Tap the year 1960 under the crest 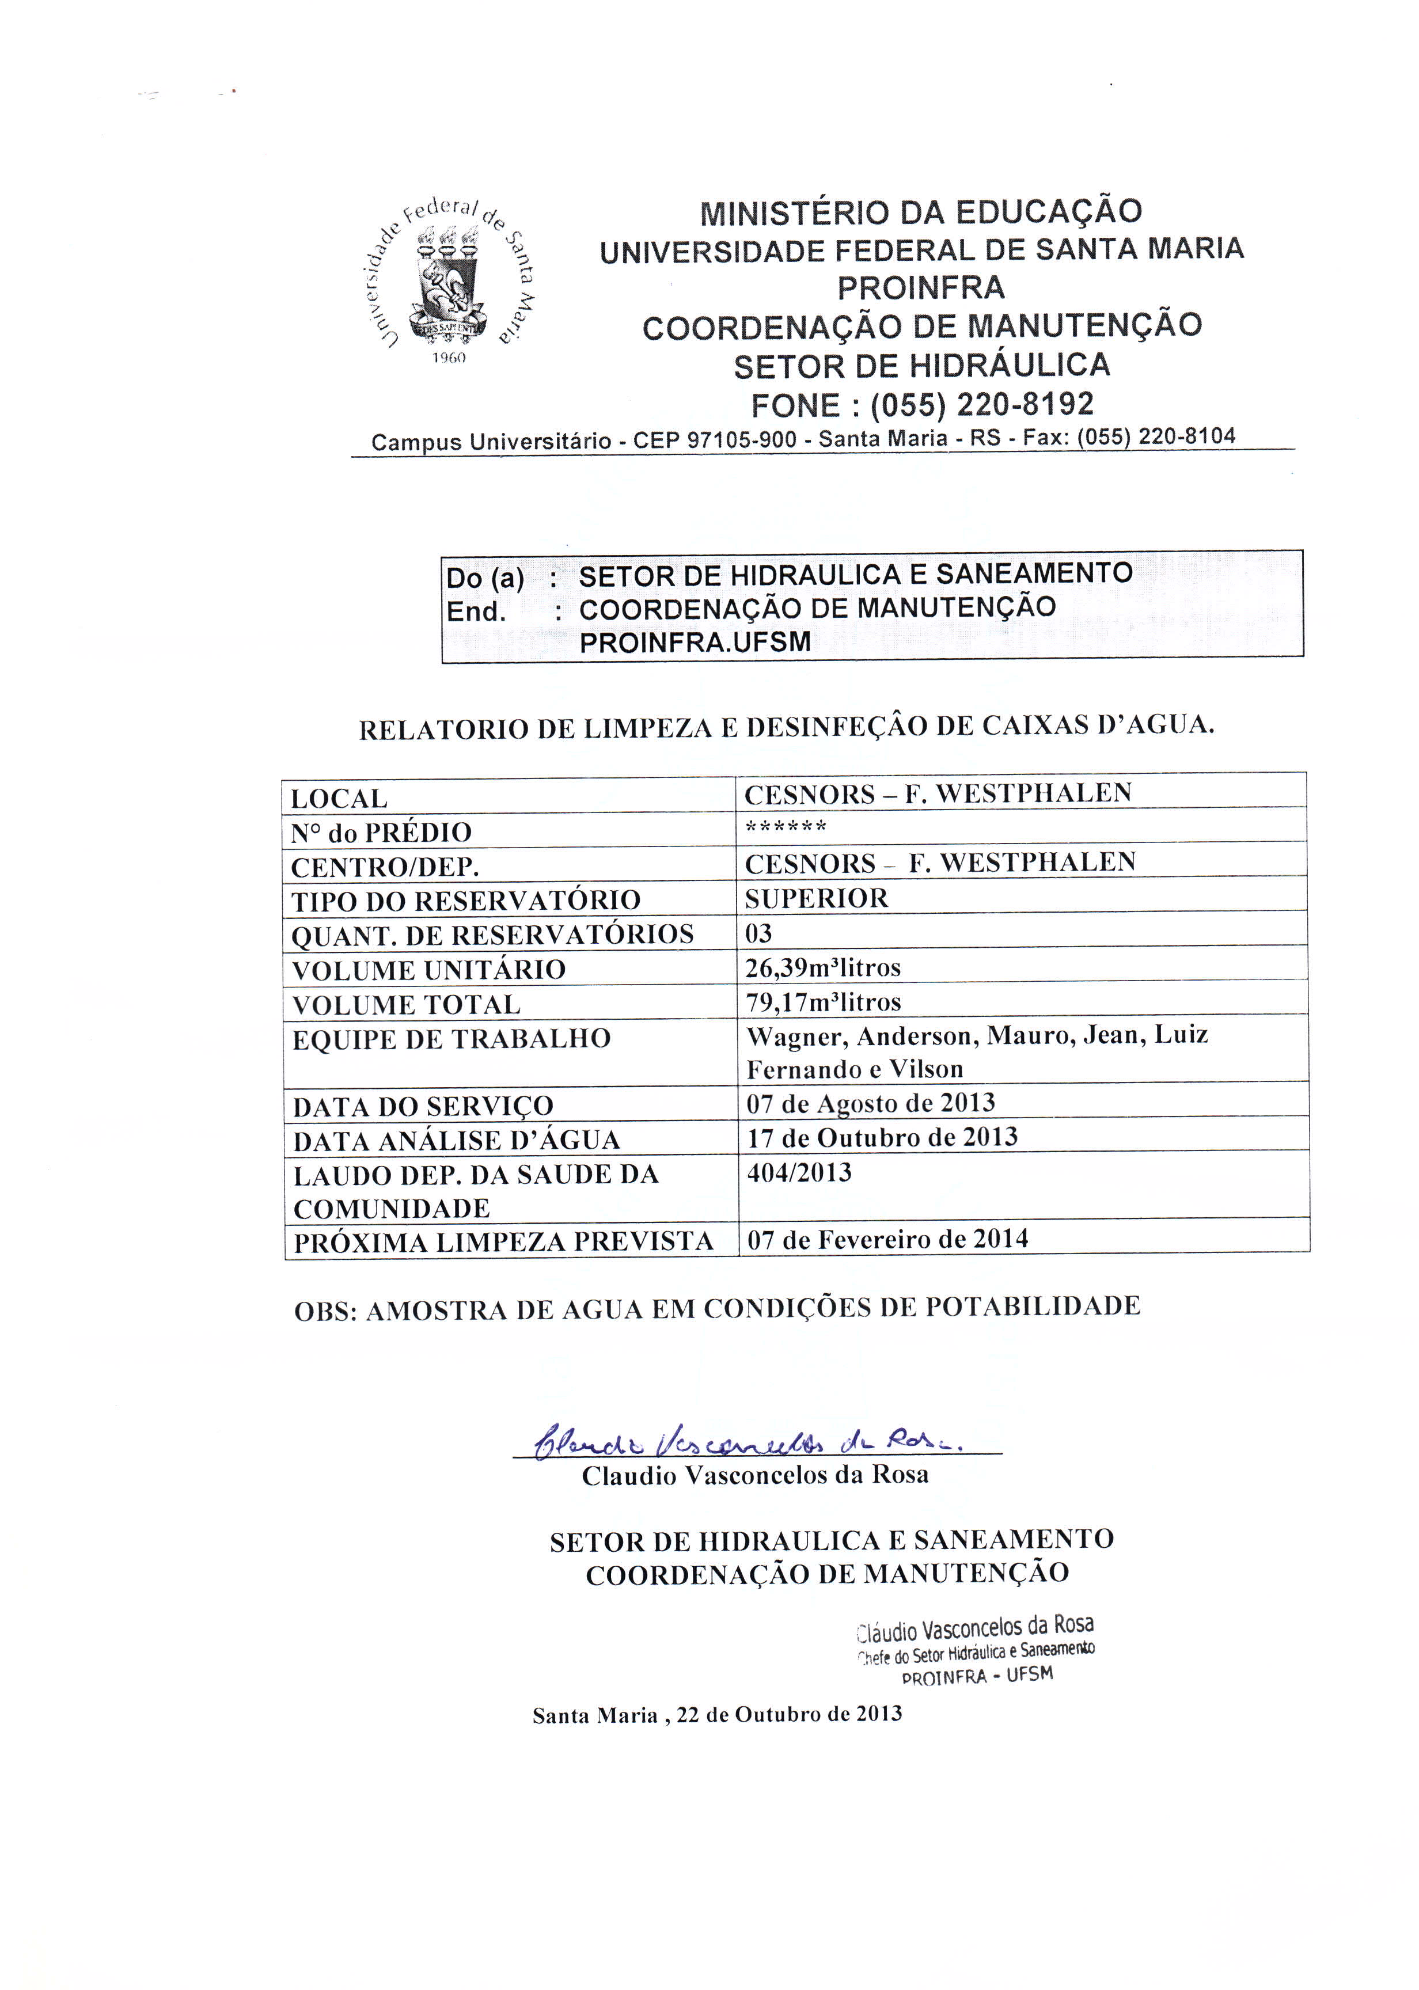click(449, 358)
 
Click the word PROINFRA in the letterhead click(921, 287)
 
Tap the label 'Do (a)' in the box click(485, 578)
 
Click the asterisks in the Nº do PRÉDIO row click(786, 826)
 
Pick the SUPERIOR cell click(816, 898)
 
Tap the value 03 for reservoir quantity click(758, 933)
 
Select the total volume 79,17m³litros click(822, 1002)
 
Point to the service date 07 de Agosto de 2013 click(870, 1103)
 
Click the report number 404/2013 click(799, 1172)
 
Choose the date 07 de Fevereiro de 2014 click(887, 1239)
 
